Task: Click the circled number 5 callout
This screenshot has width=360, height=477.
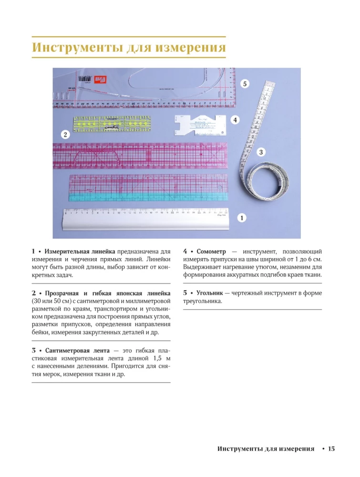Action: click(245, 83)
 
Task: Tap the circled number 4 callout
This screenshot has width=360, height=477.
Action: click(235, 120)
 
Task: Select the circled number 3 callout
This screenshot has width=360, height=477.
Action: click(261, 152)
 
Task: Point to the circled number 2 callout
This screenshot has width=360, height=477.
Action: click(65, 134)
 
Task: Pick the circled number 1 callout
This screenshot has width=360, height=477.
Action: click(242, 218)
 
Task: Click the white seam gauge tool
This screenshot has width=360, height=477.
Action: click(200, 125)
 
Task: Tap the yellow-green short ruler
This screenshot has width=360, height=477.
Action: click(112, 124)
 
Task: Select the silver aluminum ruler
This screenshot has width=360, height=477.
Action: click(146, 219)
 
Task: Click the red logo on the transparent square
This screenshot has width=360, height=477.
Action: click(100, 80)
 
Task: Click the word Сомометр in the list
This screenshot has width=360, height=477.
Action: click(211, 251)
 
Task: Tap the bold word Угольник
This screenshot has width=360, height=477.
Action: click(209, 293)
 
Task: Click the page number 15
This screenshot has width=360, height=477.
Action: click(331, 449)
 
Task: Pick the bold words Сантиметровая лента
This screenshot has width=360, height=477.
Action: click(77, 351)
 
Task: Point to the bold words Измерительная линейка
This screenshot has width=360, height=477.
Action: click(80, 251)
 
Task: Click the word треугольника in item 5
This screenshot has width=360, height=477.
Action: click(203, 301)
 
